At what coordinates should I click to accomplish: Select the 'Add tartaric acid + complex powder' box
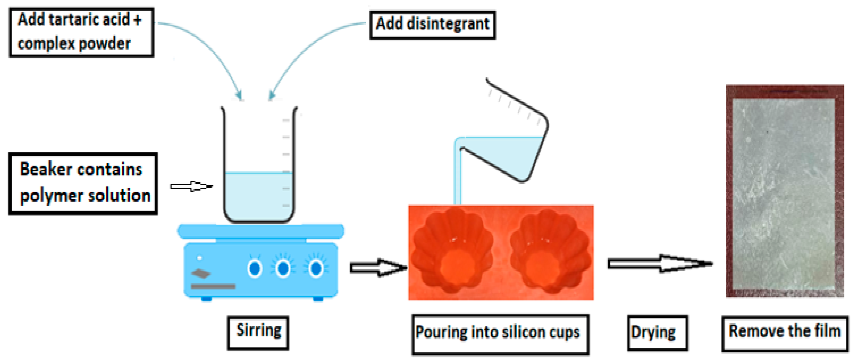coord(81,33)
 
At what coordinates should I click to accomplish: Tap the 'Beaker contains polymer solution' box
coord(83,183)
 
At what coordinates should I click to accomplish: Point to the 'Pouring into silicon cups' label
coord(500,334)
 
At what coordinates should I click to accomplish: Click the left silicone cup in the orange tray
coord(453,252)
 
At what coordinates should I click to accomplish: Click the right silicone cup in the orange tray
coord(550,252)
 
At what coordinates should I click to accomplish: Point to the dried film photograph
coord(784,192)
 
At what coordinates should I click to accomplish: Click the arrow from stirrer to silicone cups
coord(378,267)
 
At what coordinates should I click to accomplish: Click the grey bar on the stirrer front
coord(213,286)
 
